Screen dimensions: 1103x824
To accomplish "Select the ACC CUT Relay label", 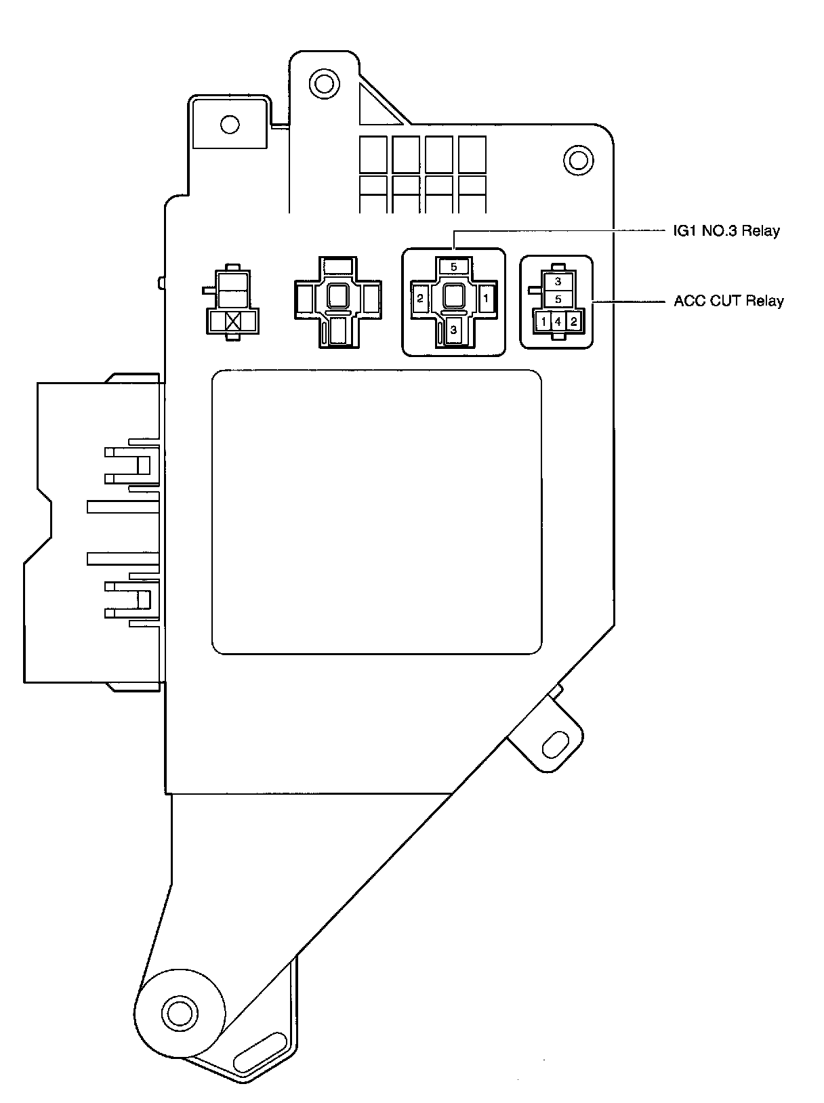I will [x=728, y=301].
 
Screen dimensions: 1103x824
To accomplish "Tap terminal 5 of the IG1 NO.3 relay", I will [x=453, y=267].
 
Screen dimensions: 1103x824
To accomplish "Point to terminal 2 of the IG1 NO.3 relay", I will [x=420, y=297].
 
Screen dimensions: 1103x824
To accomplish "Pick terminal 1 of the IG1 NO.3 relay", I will [x=486, y=297].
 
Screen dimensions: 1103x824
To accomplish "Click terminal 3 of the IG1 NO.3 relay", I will [x=453, y=330].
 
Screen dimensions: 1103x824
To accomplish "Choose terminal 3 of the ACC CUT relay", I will [x=558, y=281].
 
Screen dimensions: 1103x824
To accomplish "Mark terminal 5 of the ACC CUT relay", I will [x=558, y=299].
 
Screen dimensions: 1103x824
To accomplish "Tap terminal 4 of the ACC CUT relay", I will [x=558, y=322].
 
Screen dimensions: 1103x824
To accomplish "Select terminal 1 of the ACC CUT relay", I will [x=543, y=322].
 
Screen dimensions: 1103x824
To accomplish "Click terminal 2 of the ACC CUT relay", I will [x=573, y=322].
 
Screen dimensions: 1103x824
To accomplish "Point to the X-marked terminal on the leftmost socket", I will [x=233, y=321].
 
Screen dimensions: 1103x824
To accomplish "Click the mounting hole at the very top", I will [x=323, y=84].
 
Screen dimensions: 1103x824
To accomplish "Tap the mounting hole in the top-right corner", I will [x=578, y=161].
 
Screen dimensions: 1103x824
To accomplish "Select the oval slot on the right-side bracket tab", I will [x=556, y=745].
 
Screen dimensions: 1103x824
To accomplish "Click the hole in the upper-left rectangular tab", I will [x=230, y=124].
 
